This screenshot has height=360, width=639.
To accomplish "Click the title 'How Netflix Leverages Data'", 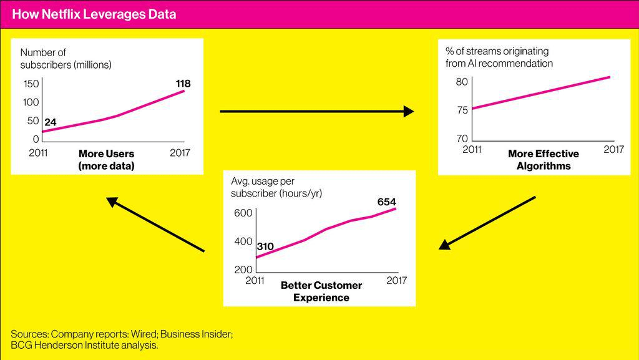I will click(94, 14).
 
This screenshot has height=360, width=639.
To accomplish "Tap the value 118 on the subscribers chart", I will click(183, 83).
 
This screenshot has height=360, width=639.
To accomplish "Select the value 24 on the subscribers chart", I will click(51, 122).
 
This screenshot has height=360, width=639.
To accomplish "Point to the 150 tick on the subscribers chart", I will click(31, 84).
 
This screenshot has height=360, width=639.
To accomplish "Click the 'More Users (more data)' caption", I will click(106, 160).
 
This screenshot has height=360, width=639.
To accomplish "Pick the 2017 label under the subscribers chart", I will click(180, 153).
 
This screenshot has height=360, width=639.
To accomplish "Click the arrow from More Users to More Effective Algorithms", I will click(316, 112).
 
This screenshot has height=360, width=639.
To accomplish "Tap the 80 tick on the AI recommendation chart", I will click(461, 82).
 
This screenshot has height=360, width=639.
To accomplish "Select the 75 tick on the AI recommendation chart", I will click(461, 110).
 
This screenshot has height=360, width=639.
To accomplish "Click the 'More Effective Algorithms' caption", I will click(544, 160).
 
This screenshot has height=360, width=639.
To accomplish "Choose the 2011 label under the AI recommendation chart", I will click(472, 150).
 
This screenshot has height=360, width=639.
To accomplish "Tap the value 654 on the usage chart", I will click(386, 202).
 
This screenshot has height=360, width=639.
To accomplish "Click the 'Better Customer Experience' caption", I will click(321, 291).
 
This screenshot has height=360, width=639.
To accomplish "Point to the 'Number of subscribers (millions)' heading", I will click(66, 58).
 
